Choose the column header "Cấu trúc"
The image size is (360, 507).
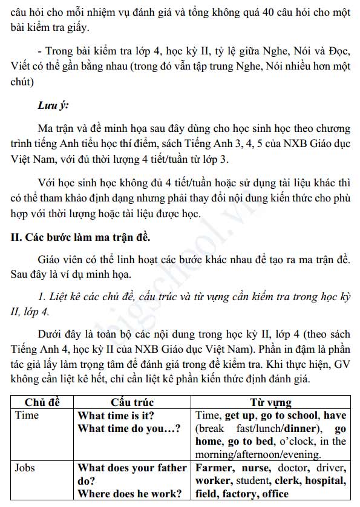[x=132, y=402]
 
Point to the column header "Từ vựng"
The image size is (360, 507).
[x=270, y=402]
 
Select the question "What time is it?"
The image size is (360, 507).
[x=116, y=416]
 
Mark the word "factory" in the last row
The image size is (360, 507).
[x=238, y=494]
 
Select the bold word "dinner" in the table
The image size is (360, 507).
[x=296, y=428]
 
